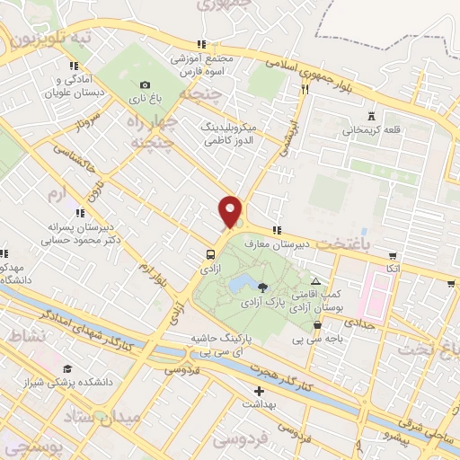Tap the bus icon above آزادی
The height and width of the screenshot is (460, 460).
[x=209, y=254]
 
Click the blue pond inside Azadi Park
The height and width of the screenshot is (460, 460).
[x=240, y=286]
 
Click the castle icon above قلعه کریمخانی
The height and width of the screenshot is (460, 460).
[x=372, y=115]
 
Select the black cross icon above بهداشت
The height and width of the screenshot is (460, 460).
[x=260, y=391]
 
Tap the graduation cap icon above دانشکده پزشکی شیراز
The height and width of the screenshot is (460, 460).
[x=67, y=368]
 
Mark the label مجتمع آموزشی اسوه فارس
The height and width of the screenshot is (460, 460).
[x=203, y=64]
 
